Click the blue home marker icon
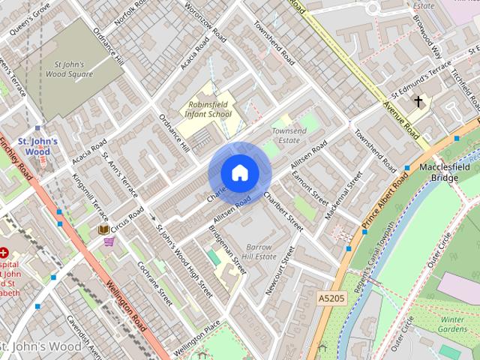point(239,172)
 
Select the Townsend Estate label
point(289,135)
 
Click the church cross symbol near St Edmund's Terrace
point(417,101)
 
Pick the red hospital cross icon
point(4,253)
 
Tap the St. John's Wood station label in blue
point(34,145)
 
